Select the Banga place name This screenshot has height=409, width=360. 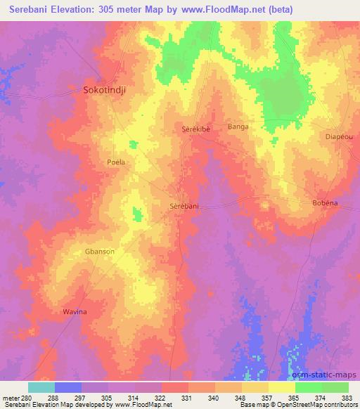(x=238, y=127)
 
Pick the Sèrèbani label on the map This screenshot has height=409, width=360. (x=185, y=206)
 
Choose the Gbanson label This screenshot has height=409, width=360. (x=101, y=251)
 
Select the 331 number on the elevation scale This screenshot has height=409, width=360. (x=186, y=398)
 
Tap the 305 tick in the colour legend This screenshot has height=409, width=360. (x=105, y=398)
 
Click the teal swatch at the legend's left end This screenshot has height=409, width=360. (x=41, y=387)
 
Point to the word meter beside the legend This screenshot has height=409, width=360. (x=9, y=398)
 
